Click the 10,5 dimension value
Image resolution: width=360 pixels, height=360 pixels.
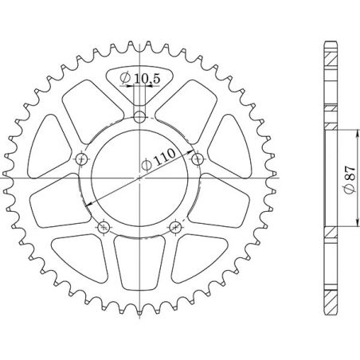coord(147,77)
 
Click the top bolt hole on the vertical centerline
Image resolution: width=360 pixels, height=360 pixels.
coord(139,118)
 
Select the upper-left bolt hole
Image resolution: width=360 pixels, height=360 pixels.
coord(81,160)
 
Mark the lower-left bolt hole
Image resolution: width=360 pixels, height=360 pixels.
coord(104,229)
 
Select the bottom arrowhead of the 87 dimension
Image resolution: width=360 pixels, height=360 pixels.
coord(354,225)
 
